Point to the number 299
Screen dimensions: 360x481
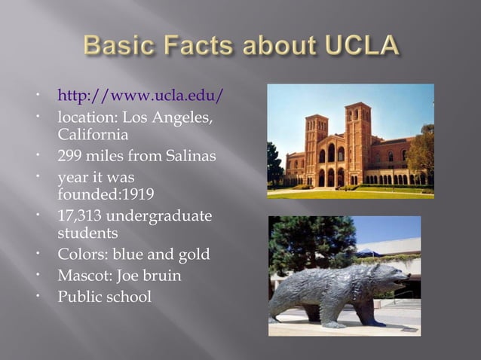pyautogui.click(x=72, y=157)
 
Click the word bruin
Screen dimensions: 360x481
pyautogui.click(x=162, y=276)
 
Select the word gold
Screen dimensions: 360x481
pyautogui.click(x=194, y=255)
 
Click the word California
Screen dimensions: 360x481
pyautogui.click(x=92, y=135)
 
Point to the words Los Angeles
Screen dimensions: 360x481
pyautogui.click(x=170, y=118)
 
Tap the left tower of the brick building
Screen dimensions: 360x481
pyautogui.click(x=316, y=136)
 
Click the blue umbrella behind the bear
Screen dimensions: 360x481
pyautogui.click(x=369, y=252)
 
